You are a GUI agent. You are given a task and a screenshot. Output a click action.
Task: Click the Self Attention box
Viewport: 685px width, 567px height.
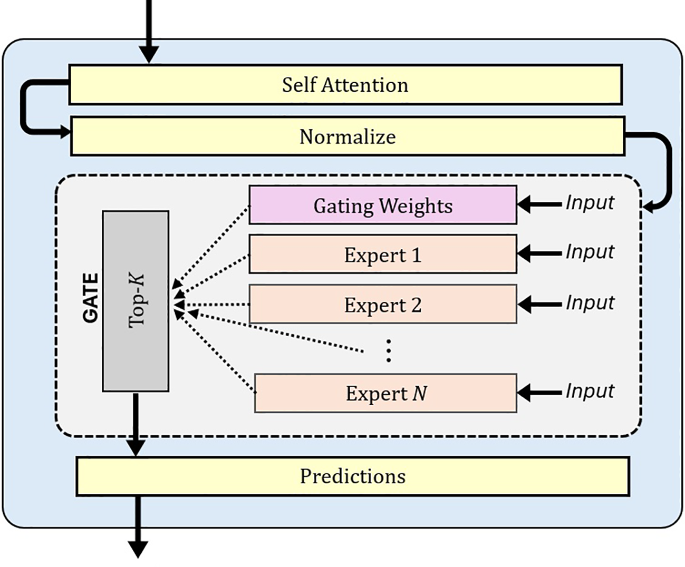click(345, 85)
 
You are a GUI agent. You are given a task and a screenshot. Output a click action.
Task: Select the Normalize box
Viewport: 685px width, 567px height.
click(348, 136)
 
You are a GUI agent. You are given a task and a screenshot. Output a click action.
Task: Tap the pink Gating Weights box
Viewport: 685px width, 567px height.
click(382, 205)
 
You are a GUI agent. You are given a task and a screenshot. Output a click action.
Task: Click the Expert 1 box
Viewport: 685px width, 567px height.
click(382, 255)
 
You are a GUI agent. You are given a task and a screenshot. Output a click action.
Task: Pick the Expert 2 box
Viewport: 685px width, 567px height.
click(382, 305)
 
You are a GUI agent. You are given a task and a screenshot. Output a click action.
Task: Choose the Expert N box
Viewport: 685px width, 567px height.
click(385, 393)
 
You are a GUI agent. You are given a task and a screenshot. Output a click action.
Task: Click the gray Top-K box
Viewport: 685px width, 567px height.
click(136, 301)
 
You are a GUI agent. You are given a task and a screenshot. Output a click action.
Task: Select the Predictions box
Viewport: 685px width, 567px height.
click(352, 476)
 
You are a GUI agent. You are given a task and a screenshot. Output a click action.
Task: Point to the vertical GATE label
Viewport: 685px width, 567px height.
click(91, 298)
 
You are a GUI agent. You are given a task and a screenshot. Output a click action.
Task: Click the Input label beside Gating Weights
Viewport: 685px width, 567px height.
click(590, 203)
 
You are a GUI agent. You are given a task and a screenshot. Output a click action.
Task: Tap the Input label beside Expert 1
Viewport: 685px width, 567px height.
click(590, 252)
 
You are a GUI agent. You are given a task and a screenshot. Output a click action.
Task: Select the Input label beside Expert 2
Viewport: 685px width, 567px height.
click(590, 303)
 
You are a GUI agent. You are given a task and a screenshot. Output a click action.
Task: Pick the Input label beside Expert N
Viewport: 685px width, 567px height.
click(590, 391)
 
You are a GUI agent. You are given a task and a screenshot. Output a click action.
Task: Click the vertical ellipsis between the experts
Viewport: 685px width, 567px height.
click(389, 350)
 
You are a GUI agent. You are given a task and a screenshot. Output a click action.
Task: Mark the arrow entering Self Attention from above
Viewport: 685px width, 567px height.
click(149, 32)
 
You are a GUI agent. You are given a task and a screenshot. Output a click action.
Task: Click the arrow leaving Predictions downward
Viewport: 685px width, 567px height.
click(138, 527)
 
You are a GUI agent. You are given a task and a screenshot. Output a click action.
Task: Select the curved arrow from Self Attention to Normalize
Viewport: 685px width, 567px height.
click(24, 108)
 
